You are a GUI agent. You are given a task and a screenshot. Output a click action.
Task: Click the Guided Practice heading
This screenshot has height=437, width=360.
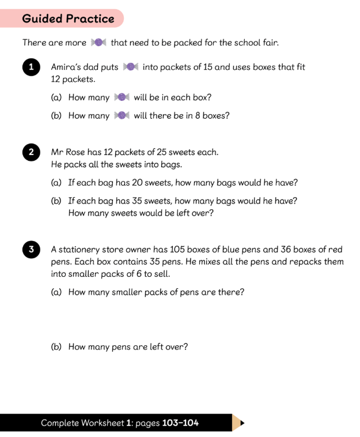click(68, 18)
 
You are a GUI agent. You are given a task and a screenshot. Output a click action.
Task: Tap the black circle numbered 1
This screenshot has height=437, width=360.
click(31, 67)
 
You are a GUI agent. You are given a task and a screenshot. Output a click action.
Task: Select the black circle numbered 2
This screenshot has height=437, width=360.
click(31, 153)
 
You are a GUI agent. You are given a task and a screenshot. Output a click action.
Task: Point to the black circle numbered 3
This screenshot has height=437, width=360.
click(31, 250)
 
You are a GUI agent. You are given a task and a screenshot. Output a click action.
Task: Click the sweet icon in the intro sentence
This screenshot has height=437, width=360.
click(97, 43)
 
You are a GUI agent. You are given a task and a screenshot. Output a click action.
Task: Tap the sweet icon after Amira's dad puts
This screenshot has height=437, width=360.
click(130, 67)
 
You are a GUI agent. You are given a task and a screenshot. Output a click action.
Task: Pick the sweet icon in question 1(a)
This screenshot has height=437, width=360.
click(122, 97)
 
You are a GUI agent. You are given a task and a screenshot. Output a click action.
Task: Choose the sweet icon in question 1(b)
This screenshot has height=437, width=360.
click(122, 115)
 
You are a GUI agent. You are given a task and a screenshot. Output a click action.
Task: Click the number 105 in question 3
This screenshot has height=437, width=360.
click(206, 250)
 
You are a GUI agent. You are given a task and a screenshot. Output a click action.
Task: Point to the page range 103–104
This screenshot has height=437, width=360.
click(180, 423)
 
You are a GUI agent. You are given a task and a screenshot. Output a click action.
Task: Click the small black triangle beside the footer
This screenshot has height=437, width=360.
click(242, 423)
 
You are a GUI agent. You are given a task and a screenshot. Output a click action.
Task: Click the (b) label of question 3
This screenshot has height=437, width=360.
click(57, 346)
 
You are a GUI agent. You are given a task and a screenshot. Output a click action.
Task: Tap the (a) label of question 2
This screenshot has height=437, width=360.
click(57, 183)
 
